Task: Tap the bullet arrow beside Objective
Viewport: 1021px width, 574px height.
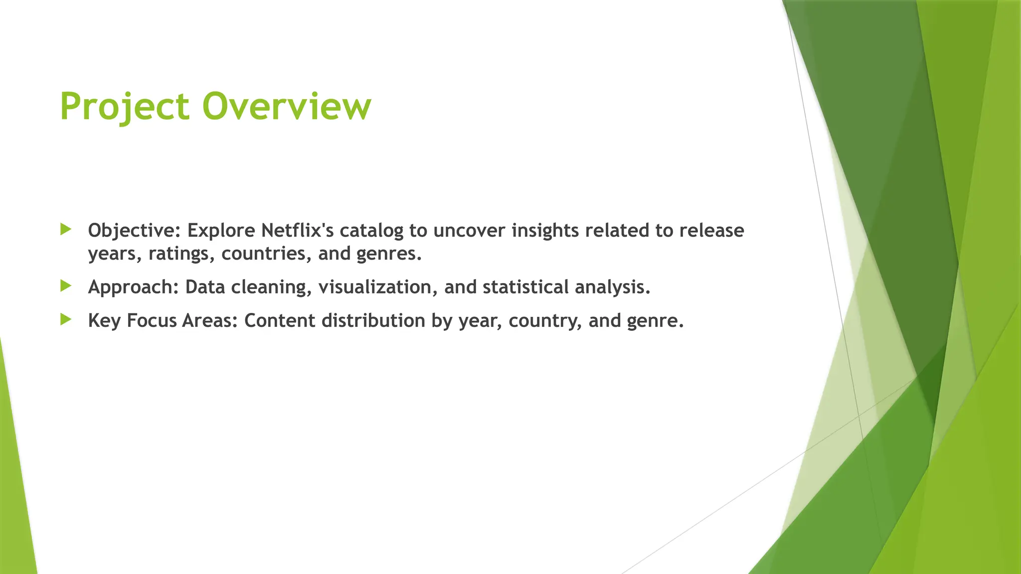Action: pyautogui.click(x=66, y=229)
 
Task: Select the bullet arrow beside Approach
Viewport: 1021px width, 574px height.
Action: pyautogui.click(x=66, y=286)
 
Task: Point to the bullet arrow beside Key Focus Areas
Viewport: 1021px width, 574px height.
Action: pyautogui.click(x=66, y=319)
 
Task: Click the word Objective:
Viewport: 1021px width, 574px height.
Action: pyautogui.click(x=134, y=231)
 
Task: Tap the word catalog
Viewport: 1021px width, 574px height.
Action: pyautogui.click(x=371, y=231)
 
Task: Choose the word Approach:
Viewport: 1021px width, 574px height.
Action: pyautogui.click(x=133, y=287)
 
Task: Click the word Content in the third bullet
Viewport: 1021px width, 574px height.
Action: pyautogui.click(x=280, y=320)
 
